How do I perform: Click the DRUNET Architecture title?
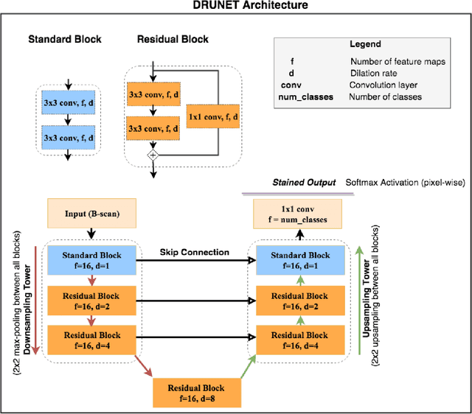[x=236, y=6]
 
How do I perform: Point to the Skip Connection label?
[x=195, y=252]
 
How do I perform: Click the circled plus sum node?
[x=154, y=155]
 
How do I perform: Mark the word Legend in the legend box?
[x=364, y=44]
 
